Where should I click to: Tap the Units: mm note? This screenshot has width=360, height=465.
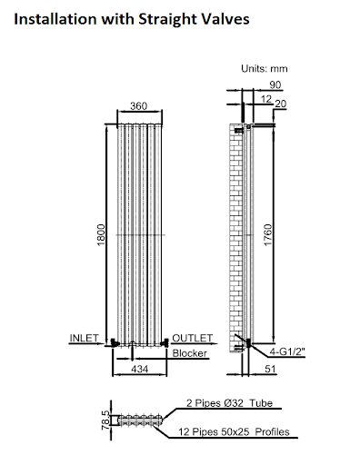265,68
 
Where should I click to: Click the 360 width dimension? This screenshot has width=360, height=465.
139,106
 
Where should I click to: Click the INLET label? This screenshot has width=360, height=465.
85,338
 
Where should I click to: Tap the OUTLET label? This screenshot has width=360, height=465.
192,338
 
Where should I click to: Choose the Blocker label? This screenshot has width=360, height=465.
190,353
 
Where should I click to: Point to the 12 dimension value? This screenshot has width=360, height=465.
265,98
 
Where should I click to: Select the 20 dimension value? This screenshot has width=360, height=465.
280,105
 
